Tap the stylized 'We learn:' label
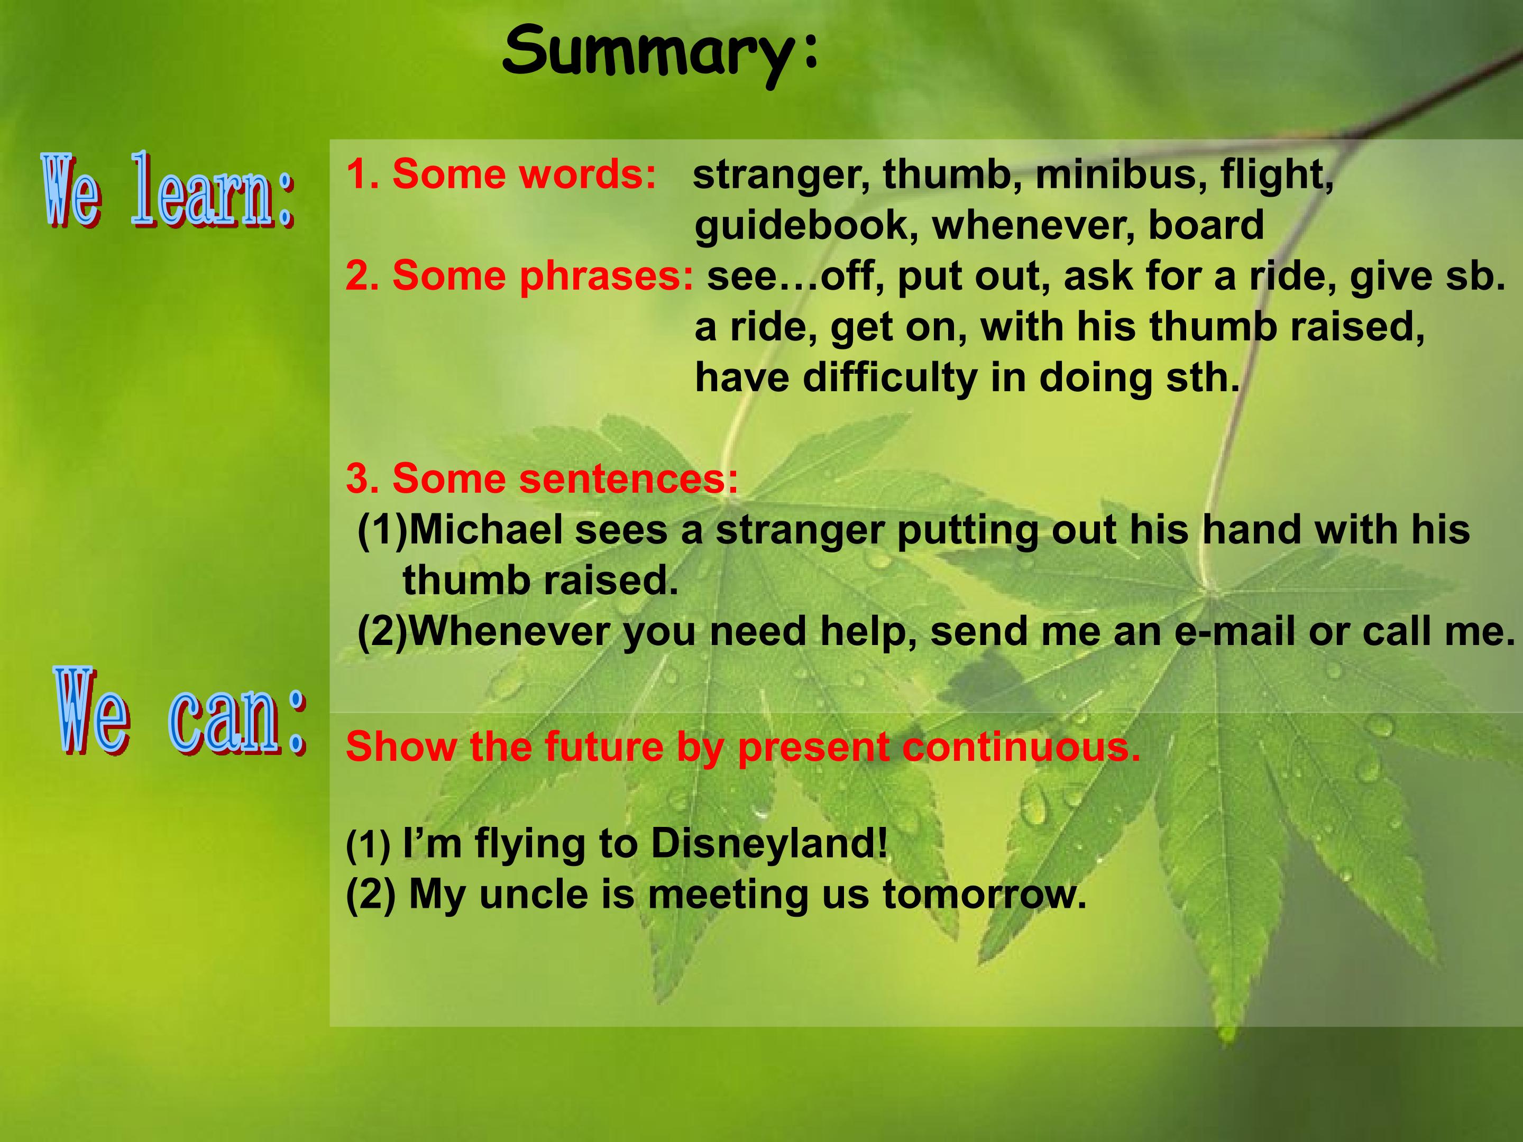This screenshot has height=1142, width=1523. click(x=169, y=191)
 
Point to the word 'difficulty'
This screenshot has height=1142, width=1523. click(x=890, y=378)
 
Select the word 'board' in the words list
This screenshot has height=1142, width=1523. click(x=1206, y=225)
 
